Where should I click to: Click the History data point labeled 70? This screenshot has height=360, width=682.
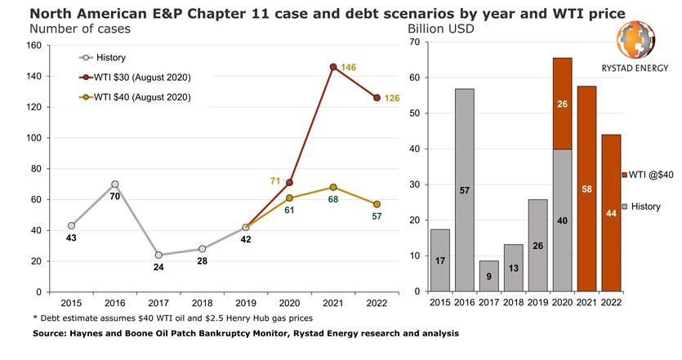coord(114,184)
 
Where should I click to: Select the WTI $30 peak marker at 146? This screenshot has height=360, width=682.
coord(333,67)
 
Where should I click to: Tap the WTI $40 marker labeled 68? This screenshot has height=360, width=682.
coord(333,187)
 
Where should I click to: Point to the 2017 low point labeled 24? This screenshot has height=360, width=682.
coord(158,255)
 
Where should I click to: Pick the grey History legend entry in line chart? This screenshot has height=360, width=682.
coord(103,58)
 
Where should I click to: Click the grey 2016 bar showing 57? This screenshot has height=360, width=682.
coord(464,189)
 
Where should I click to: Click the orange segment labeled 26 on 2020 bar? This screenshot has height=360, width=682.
coord(562,104)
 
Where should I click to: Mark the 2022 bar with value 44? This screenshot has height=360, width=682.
coord(612,212)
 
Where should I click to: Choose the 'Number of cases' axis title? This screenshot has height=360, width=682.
coord(80,29)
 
